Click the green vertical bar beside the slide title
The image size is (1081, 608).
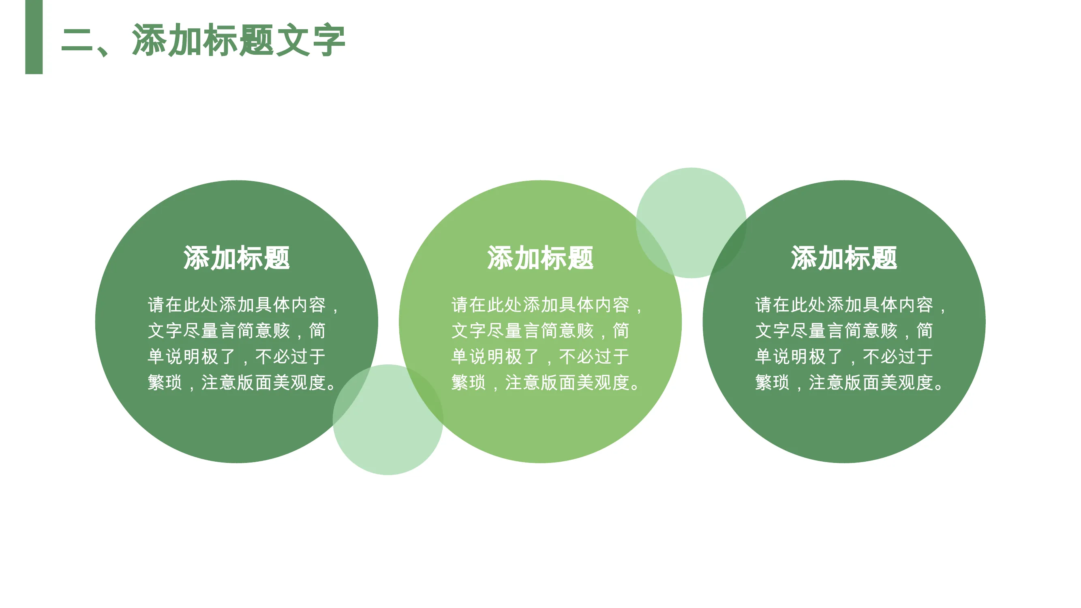(34, 37)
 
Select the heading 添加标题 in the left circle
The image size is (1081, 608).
(237, 258)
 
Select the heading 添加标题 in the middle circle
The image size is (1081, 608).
(541, 258)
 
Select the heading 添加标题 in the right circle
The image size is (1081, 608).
(844, 258)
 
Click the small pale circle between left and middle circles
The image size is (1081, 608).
(388, 420)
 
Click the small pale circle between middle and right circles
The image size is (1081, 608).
(691, 223)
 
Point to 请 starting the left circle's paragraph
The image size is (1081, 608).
(156, 305)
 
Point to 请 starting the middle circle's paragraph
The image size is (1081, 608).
(460, 305)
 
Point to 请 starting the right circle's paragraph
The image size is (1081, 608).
(764, 305)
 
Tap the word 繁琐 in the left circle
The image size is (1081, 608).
(165, 383)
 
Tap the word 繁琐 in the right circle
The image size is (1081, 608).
(773, 383)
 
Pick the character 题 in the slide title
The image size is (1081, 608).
(257, 40)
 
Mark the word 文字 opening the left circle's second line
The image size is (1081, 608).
(165, 331)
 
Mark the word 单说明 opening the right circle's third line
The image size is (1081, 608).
(781, 357)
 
